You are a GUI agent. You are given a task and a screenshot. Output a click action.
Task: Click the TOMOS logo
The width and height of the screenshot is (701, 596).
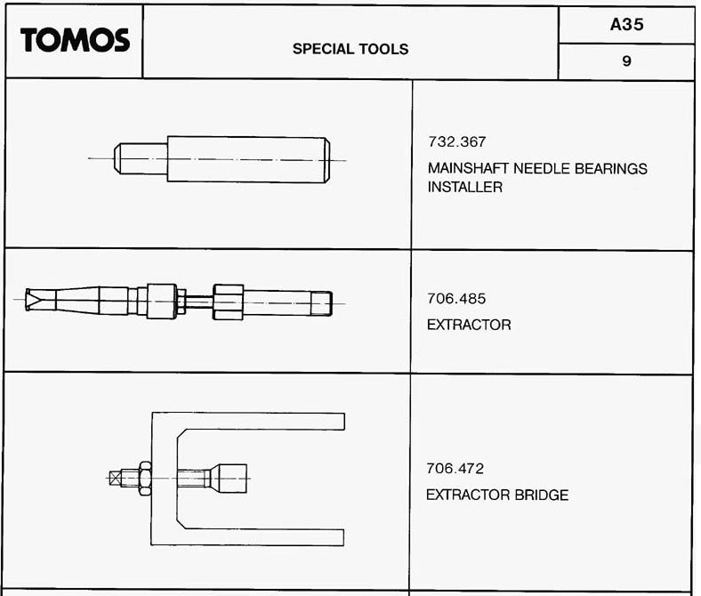(x=75, y=40)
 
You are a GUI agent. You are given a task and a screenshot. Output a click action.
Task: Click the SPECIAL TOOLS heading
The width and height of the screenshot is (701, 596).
(x=350, y=49)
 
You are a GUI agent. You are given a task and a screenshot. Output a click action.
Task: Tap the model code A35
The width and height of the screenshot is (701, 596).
(x=627, y=24)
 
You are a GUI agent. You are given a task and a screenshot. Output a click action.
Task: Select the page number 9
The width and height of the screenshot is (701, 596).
(x=627, y=60)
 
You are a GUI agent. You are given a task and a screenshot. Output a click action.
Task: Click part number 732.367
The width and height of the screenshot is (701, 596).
(x=457, y=141)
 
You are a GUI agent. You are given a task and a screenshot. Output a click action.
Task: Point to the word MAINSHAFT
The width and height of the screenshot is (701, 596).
(x=468, y=168)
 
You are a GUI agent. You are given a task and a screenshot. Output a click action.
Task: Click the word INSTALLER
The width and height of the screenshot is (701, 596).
(x=465, y=187)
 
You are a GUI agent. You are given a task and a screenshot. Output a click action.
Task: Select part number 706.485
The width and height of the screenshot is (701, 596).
(x=456, y=298)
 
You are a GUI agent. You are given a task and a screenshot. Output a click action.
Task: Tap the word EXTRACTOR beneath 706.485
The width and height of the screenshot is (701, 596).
(x=469, y=325)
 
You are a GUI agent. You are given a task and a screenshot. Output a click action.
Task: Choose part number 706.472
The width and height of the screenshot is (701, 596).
(x=455, y=469)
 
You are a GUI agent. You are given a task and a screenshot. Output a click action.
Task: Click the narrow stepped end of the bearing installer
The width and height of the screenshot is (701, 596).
(x=141, y=158)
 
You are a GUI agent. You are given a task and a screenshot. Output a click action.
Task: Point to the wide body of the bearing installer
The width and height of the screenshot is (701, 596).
(x=248, y=159)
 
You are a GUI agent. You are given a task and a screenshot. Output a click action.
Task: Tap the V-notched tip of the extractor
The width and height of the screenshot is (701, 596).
(x=33, y=300)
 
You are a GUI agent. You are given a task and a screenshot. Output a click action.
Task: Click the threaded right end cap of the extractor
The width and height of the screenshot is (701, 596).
(x=321, y=303)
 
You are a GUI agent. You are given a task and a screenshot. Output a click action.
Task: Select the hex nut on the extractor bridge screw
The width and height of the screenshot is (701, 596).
(x=145, y=478)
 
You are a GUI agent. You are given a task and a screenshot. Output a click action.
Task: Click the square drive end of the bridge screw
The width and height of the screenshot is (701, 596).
(x=116, y=478)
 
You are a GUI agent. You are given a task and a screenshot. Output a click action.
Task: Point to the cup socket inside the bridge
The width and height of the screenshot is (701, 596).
(x=230, y=479)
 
